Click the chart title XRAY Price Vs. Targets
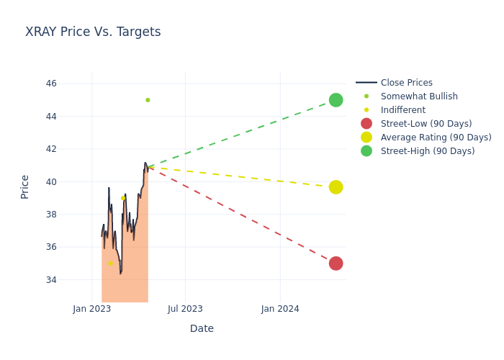pyautogui.click(x=93, y=32)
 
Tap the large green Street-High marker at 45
pyautogui.click(x=336, y=100)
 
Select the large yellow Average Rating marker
pyautogui.click(x=336, y=187)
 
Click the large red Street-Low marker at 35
pyautogui.click(x=336, y=264)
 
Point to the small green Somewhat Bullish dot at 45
pyautogui.click(x=148, y=100)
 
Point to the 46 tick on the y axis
pyautogui.click(x=51, y=84)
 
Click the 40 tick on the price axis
pyautogui.click(x=51, y=181)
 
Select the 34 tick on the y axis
pyautogui.click(x=51, y=279)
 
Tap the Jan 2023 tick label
pyautogui.click(x=92, y=309)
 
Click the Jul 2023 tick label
pyautogui.click(x=185, y=309)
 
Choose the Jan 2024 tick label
pyautogui.click(x=280, y=309)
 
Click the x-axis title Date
pyautogui.click(x=202, y=329)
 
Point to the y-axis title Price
pyautogui.click(x=25, y=186)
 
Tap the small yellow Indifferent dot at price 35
pyautogui.click(x=111, y=264)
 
